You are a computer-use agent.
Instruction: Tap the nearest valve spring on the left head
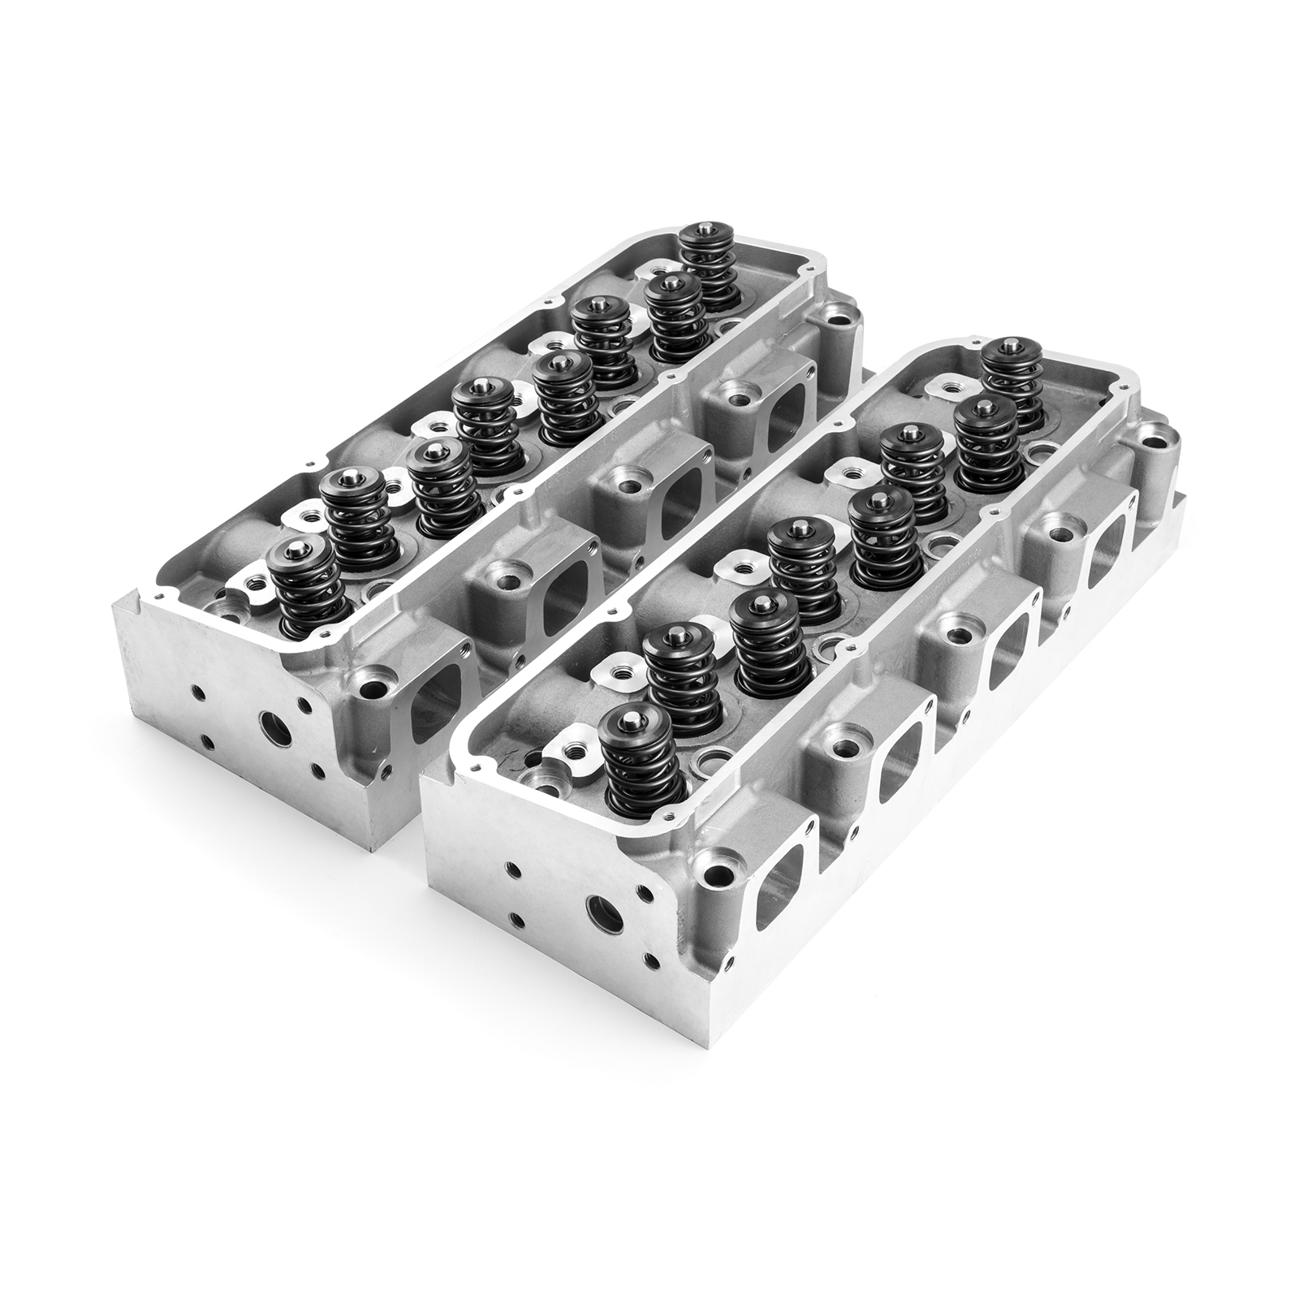pyautogui.click(x=307, y=593)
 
